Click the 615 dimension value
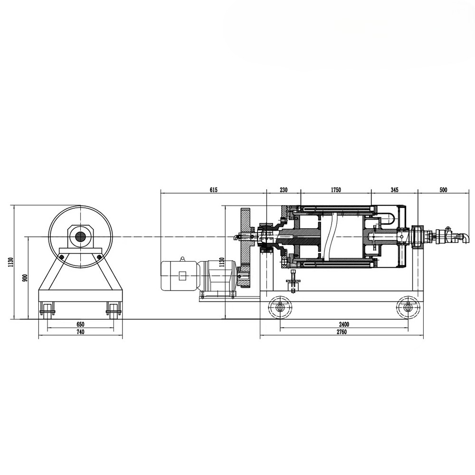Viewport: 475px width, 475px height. [213, 190]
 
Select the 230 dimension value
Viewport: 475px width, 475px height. [283, 190]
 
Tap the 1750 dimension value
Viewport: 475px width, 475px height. [336, 190]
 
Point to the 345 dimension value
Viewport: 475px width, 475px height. [394, 190]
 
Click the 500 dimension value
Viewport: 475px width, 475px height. [443, 190]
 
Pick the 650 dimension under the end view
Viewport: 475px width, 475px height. [80, 324]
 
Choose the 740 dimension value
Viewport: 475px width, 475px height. [80, 332]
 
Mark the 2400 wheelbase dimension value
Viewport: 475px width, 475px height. [344, 324]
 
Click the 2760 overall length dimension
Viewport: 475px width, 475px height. [341, 332]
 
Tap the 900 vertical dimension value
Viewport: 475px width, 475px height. [25, 278]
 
